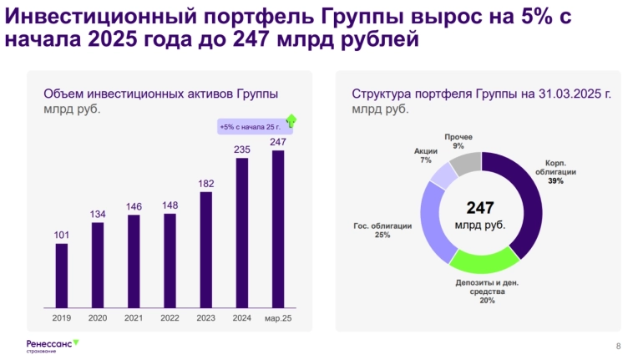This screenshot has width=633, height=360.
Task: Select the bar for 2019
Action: pos(62,275)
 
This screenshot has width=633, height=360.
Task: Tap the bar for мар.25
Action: pos(278,228)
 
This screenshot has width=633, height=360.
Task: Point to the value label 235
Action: pos(242,150)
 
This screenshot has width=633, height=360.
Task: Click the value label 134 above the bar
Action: pos(98,215)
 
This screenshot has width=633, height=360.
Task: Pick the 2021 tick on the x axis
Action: pos(134,318)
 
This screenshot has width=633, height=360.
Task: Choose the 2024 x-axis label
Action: pos(242,318)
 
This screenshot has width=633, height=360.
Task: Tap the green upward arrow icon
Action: pos(291,121)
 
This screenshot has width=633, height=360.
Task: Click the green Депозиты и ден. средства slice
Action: pos(484,262)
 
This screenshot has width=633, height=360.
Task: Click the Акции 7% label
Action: pos(426,155)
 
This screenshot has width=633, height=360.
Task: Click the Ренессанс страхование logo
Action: pos(52,344)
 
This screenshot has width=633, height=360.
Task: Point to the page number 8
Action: pos(618,346)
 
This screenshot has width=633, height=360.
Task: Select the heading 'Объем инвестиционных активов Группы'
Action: pos(160,94)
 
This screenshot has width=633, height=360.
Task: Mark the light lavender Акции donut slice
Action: pos(443,175)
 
